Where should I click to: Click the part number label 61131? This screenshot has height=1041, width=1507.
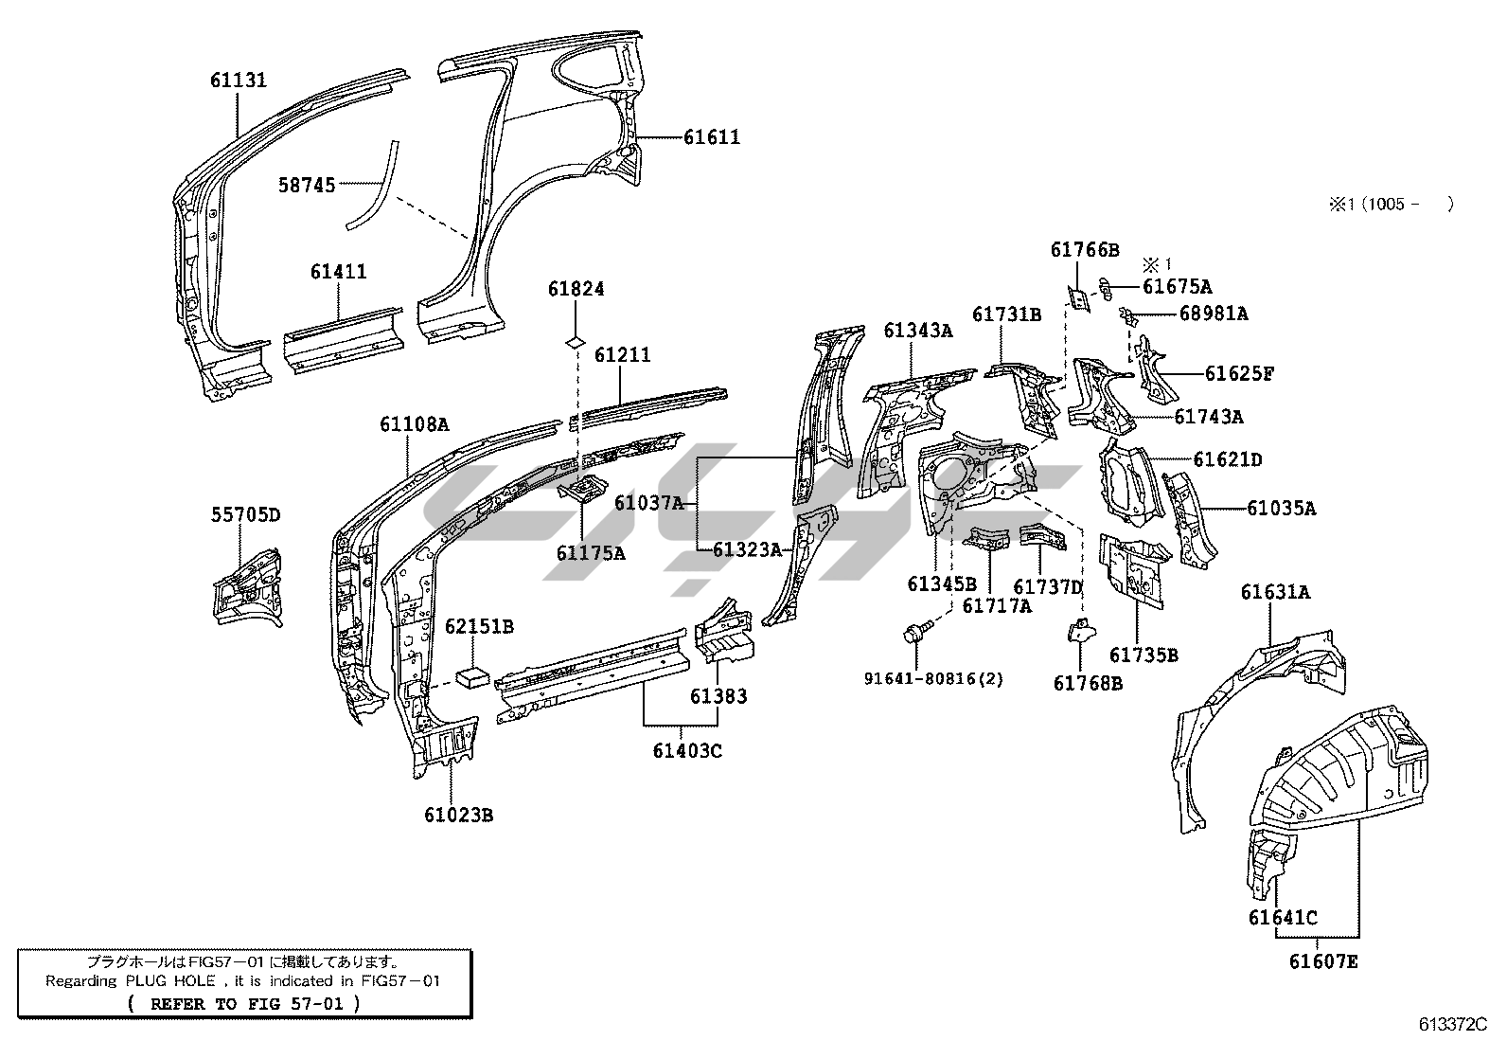tap(238, 81)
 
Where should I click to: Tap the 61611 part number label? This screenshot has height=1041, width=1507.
tap(712, 137)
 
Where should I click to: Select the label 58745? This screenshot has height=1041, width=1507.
tap(307, 186)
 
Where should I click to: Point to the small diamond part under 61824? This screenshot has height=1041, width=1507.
tap(573, 340)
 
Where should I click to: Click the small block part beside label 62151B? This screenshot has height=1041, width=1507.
tap(472, 675)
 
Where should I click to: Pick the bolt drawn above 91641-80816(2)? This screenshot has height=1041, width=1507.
tap(918, 633)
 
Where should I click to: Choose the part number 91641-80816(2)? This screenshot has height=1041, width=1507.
tap(932, 679)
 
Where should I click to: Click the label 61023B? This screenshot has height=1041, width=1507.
tap(458, 815)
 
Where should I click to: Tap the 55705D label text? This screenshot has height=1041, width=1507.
tap(245, 515)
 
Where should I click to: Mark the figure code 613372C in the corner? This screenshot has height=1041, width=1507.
tap(1452, 1024)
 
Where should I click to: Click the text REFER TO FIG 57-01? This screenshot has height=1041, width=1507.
tap(243, 1003)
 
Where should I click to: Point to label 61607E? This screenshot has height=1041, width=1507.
tap(1322, 962)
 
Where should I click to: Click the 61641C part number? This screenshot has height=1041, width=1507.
tap(1282, 917)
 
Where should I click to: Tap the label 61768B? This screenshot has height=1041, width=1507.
tap(1088, 682)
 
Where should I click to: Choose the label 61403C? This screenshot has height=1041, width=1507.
tap(687, 751)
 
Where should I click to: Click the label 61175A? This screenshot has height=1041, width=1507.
tap(591, 553)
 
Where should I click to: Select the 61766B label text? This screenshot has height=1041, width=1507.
tap(1085, 250)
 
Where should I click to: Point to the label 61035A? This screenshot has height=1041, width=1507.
tap(1281, 509)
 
